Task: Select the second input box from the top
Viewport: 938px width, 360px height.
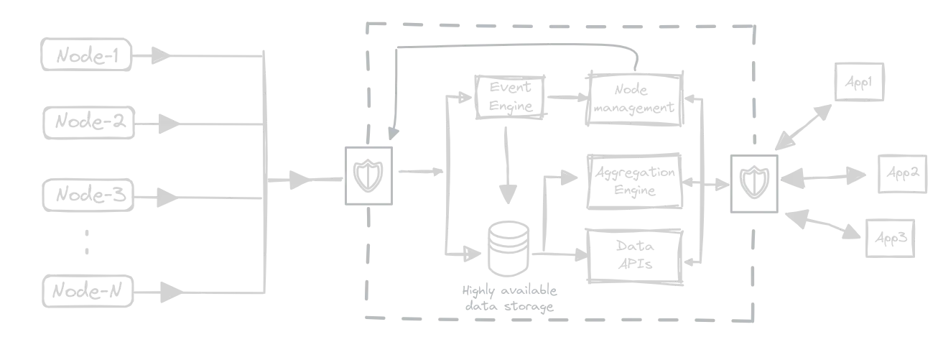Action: [88, 124]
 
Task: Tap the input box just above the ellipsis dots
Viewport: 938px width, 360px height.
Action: [88, 193]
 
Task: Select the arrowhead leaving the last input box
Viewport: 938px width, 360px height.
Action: [164, 291]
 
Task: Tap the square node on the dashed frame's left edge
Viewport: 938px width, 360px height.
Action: [370, 172]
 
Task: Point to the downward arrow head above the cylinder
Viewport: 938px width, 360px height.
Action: [508, 192]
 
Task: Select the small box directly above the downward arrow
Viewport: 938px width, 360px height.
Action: [509, 95]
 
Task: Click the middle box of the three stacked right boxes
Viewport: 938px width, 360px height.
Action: [634, 180]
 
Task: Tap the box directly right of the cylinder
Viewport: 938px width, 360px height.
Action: [633, 254]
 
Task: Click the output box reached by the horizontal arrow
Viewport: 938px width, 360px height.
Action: [901, 172]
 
